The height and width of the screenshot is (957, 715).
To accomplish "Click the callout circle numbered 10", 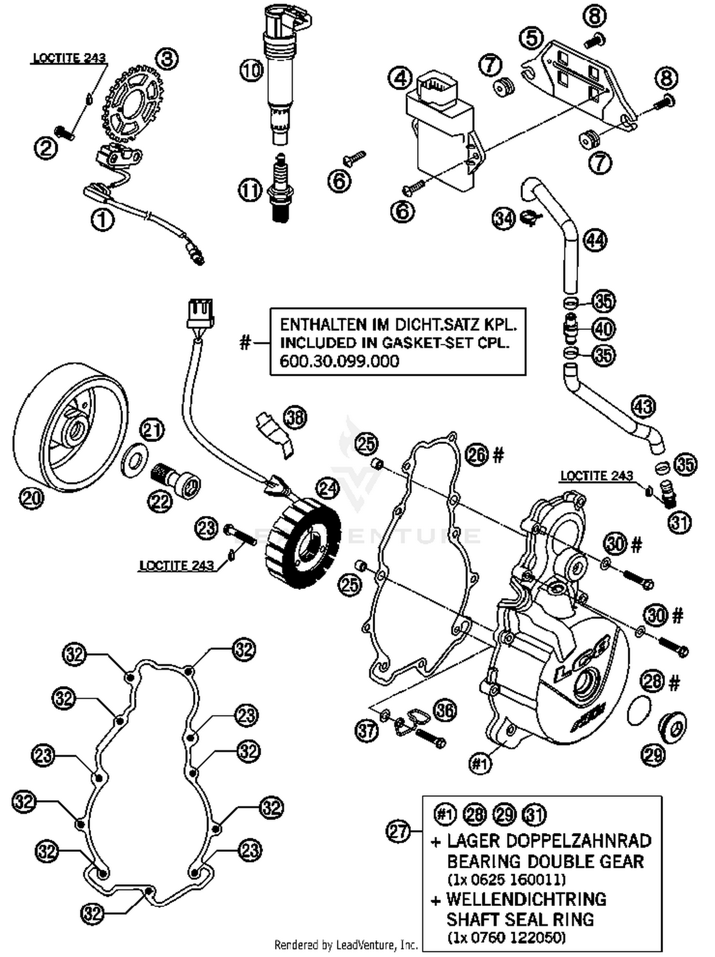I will [251, 71].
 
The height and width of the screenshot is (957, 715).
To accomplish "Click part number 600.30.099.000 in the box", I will [339, 361].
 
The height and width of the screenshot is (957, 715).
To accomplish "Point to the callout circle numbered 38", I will [296, 417].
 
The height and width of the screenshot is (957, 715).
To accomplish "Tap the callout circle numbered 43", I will [643, 406].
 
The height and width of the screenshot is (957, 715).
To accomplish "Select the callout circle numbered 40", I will [604, 329].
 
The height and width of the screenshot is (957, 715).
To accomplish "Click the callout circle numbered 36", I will [446, 710].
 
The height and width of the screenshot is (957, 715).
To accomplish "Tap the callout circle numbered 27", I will [398, 831].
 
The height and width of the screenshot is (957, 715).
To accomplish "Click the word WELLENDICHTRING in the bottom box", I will [526, 899].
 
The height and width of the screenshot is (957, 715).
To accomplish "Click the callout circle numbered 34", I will [504, 219].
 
